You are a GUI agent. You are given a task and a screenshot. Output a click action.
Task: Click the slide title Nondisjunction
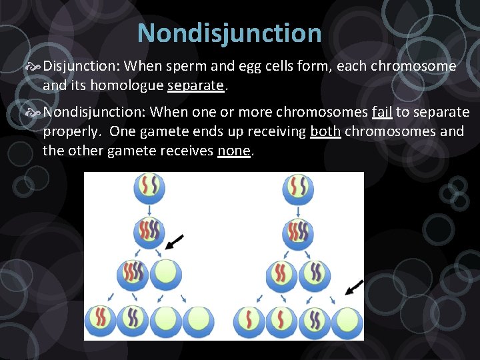(229, 33)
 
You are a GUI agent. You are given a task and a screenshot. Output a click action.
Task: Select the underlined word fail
(382, 112)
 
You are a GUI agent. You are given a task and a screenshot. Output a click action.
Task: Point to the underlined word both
(326, 131)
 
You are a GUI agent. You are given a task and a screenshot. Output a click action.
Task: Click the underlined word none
(233, 151)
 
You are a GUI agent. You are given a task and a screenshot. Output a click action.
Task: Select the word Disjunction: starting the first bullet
(82, 66)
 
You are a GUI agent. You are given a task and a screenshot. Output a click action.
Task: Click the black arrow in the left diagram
(174, 241)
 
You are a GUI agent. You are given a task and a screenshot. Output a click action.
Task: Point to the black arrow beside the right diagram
(354, 287)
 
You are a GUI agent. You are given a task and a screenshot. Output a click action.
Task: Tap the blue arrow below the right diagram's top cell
(298, 211)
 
